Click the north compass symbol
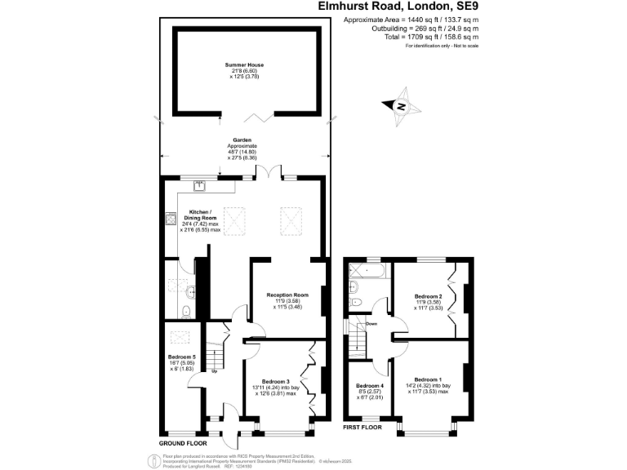[x=402, y=106]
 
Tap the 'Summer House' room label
[x=245, y=64]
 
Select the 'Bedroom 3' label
[x=277, y=381]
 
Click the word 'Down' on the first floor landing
[x=371, y=324]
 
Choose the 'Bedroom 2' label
[x=428, y=295]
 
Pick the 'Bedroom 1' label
[x=428, y=379]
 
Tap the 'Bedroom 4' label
[x=370, y=385]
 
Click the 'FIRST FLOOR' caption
[x=361, y=427]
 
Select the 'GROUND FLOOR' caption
[x=184, y=442]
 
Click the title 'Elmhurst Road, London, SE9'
[x=398, y=6]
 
